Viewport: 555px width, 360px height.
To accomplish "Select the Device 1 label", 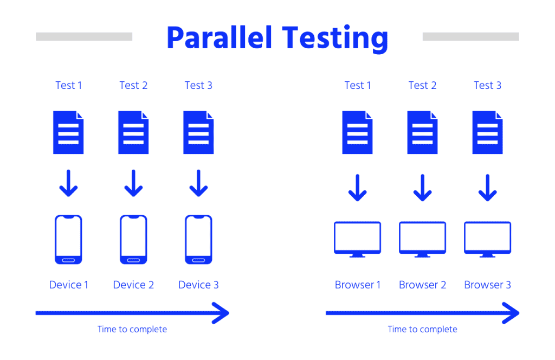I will pos(69,285).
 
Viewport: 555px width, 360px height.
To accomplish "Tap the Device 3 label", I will pos(198,285).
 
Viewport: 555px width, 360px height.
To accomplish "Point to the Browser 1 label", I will pos(358,285).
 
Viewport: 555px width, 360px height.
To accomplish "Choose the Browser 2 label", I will pos(423,285).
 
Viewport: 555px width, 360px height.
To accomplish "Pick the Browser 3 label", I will pos(488,285).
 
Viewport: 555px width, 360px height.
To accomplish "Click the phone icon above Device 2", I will pos(133,240).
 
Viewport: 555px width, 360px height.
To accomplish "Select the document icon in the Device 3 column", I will pos(198,132).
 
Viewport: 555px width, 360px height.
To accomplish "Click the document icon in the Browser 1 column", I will pos(358,132).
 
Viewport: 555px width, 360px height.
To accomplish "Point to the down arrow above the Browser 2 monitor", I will pos(423,187).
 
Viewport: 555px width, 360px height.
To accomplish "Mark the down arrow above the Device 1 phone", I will pos(69,183).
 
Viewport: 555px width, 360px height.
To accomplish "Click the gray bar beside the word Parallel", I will pos(84,36).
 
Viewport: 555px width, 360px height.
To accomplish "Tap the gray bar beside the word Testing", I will pos(470,36).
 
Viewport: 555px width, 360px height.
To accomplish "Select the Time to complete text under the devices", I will pos(132,329).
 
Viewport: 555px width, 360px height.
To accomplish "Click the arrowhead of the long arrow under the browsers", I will pos(510,313).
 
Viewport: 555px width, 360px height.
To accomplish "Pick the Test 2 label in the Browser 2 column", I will pos(423,85).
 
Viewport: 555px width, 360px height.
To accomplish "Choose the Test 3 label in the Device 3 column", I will pos(198,85).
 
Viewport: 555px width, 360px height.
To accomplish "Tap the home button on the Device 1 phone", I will pos(69,260).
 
